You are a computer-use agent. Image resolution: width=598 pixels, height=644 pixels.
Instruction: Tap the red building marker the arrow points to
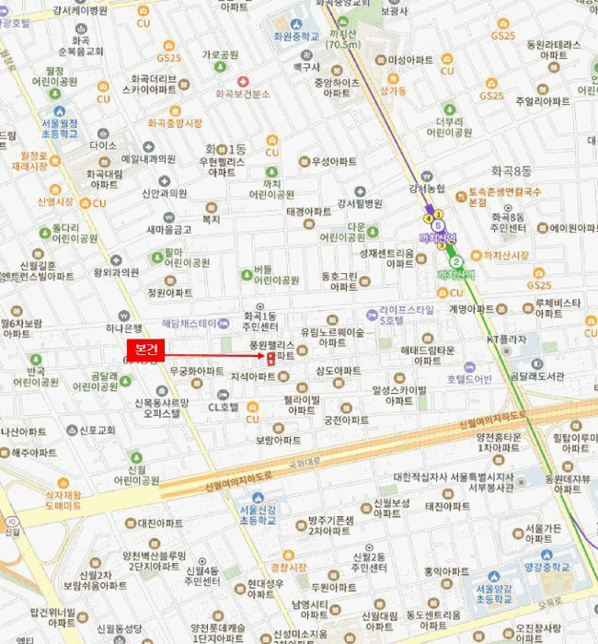coord(270,357)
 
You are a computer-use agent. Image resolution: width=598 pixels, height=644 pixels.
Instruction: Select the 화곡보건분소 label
coord(242,94)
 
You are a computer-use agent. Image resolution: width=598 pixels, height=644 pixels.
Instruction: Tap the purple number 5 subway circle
coord(438,225)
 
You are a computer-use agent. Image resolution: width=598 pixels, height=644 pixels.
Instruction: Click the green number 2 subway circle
coord(456,261)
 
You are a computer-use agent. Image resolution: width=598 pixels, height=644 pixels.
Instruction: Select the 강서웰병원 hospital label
coord(360,203)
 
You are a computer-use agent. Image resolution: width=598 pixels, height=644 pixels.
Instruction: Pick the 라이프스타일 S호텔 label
coord(404,315)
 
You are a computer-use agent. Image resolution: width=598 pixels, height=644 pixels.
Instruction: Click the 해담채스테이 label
coord(190,324)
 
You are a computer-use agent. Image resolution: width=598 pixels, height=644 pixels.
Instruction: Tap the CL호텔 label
coord(224,406)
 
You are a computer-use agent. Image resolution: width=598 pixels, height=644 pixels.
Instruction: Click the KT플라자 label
coord(507,339)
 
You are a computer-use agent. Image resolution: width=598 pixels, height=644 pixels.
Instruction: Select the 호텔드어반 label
coord(470,378)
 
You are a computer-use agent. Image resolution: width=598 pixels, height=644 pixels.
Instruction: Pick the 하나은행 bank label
coord(123,327)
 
